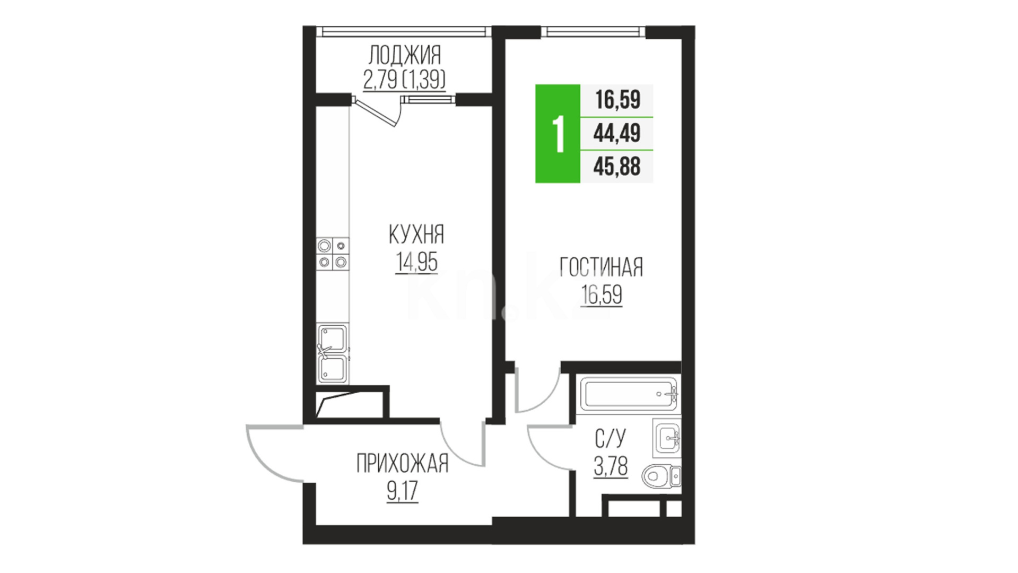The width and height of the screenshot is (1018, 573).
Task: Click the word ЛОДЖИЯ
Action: (x=404, y=55)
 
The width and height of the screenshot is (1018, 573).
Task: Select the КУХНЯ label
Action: (x=416, y=235)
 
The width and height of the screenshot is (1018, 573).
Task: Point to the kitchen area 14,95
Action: (x=416, y=262)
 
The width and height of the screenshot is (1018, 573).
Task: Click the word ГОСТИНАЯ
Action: (x=601, y=267)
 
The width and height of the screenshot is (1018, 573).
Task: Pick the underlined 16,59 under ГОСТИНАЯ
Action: (x=602, y=295)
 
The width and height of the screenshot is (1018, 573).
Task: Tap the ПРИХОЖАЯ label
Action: (x=402, y=464)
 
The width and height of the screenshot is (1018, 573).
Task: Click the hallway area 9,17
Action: (x=402, y=491)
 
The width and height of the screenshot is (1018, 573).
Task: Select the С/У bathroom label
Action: (x=611, y=439)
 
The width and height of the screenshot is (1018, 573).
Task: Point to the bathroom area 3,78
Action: (x=611, y=467)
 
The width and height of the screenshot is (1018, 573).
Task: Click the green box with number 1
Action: (x=558, y=134)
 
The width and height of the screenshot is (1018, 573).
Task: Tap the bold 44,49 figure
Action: (x=617, y=133)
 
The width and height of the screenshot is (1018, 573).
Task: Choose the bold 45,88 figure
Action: (x=617, y=167)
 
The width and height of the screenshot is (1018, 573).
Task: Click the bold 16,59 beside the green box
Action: (x=617, y=100)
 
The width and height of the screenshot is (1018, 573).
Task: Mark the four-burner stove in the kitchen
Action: (x=333, y=254)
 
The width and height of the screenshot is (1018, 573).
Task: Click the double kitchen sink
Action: (x=333, y=354)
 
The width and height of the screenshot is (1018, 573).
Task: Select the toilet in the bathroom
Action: (x=661, y=476)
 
